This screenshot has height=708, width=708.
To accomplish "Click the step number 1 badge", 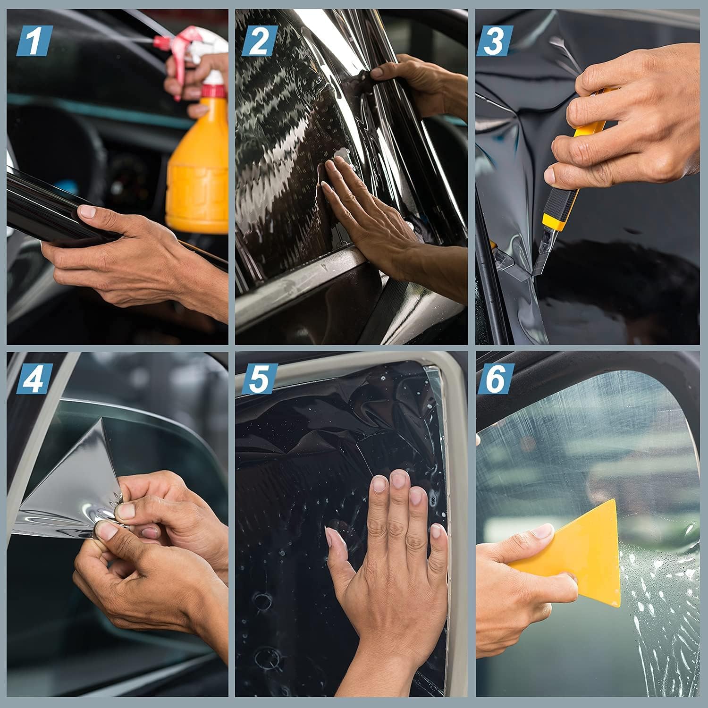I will point(34,41).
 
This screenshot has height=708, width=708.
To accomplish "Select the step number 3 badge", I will point(494,41).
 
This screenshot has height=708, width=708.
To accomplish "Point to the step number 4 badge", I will point(34,379).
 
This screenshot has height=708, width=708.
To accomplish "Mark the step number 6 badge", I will point(494,379).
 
